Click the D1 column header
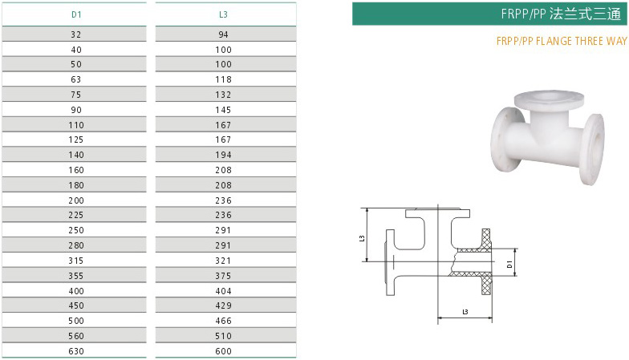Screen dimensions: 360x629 click(x=75, y=14)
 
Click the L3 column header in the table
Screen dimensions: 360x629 click(x=224, y=14)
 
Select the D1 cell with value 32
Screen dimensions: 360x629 click(x=76, y=34)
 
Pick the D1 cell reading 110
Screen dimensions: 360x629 click(x=76, y=124)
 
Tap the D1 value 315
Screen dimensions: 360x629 click(x=76, y=260)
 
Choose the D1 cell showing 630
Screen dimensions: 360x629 click(x=76, y=350)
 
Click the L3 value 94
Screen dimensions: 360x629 click(x=224, y=34)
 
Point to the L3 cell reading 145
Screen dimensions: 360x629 click(x=224, y=109)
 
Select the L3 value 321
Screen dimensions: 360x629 click(x=224, y=260)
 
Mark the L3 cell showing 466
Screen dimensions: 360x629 click(x=224, y=320)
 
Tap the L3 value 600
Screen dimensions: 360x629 click(x=224, y=350)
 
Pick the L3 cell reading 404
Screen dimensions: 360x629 click(x=224, y=290)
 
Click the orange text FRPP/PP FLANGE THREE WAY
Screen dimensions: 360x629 click(x=561, y=41)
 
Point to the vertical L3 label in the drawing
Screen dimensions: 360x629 click(x=363, y=237)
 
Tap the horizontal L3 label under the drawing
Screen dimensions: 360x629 click(x=465, y=310)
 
